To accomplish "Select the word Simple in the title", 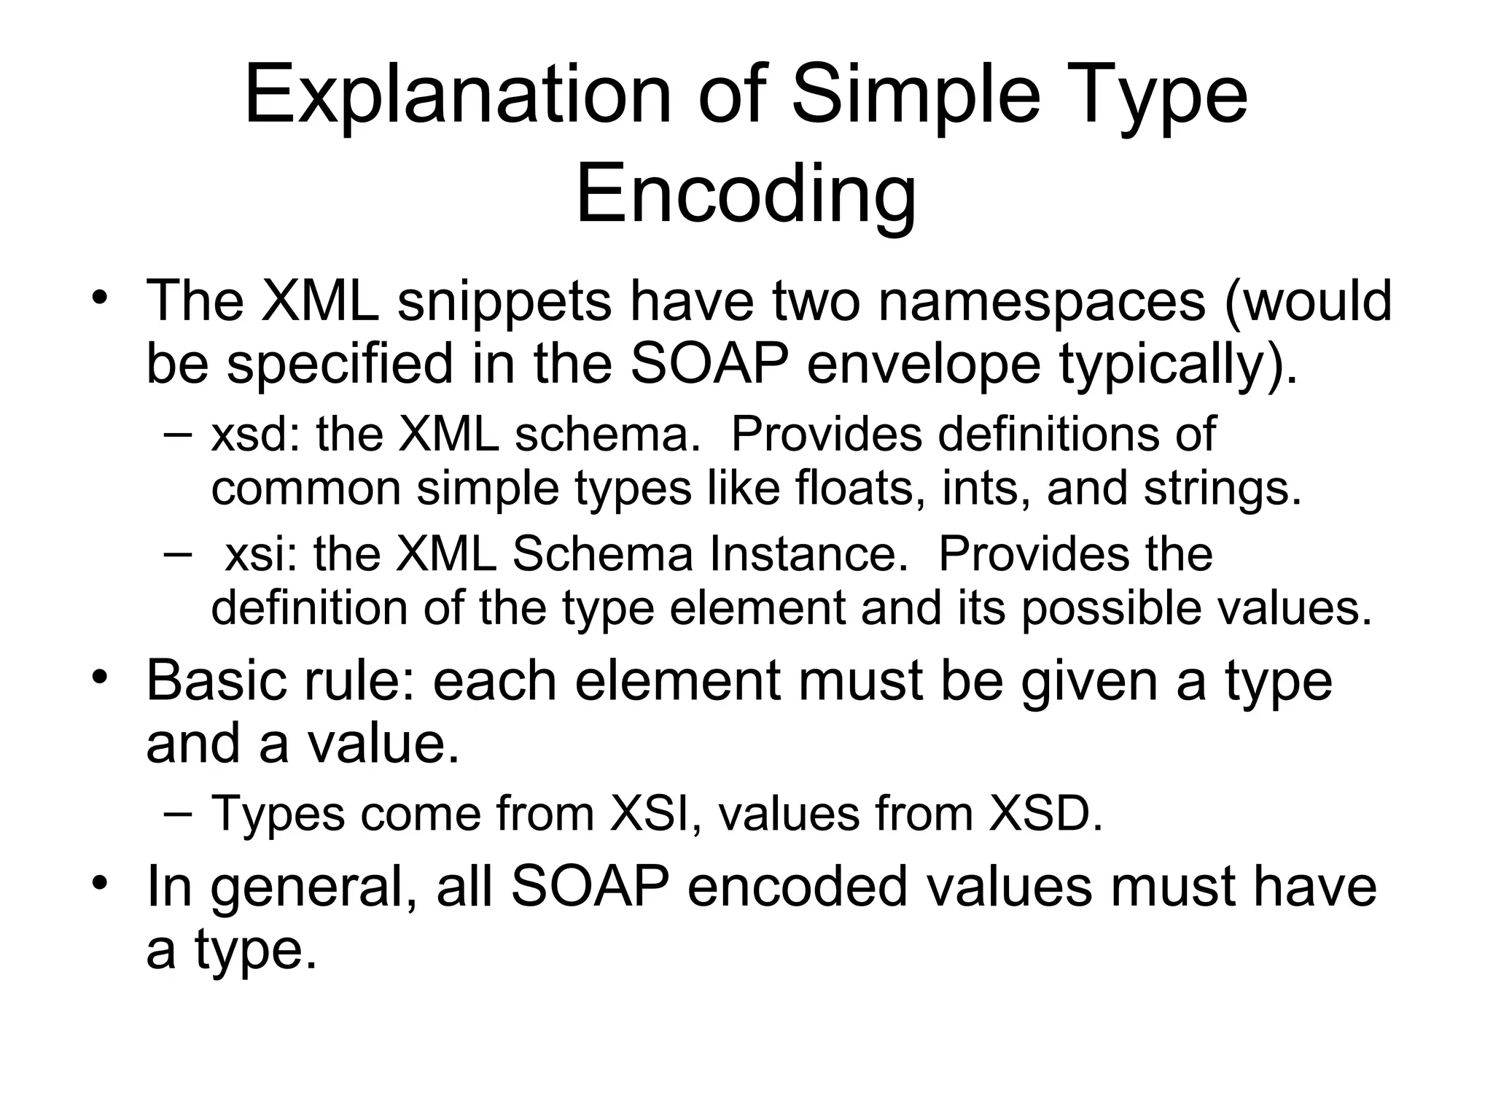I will [x=916, y=96].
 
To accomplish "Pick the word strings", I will [x=1222, y=488].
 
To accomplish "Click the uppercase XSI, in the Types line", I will [x=651, y=813].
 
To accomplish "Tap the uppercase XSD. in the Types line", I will [x=1045, y=813].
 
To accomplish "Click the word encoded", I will [x=797, y=886].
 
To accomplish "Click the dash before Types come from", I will [x=178, y=812].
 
